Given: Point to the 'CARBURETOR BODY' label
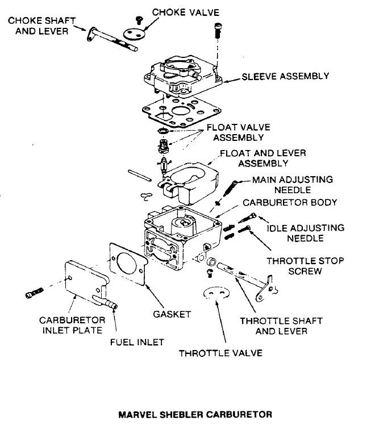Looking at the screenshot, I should [x=290, y=202].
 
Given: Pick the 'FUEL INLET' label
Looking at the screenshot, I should [x=136, y=341].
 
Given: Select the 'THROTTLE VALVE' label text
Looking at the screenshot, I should [x=220, y=352].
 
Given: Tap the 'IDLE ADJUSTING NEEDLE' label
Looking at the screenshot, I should [x=305, y=233].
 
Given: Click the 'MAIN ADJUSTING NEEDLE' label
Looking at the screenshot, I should [x=292, y=185].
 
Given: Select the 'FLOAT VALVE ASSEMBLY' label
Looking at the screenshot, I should [x=238, y=132].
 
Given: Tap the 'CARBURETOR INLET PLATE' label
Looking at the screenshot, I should [x=71, y=324].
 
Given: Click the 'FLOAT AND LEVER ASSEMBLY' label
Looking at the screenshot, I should [x=255, y=158].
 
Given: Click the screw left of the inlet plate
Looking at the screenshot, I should [x=35, y=294].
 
